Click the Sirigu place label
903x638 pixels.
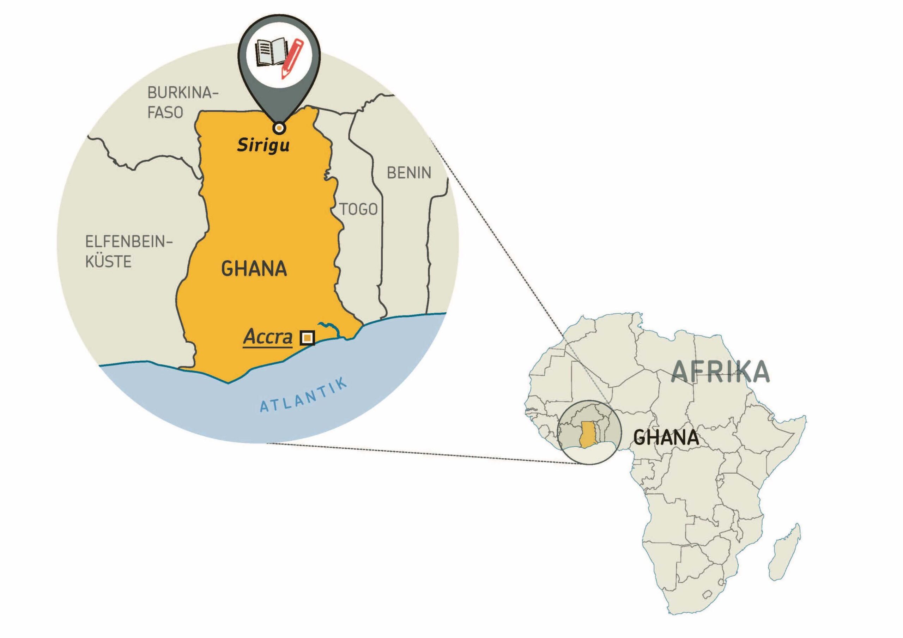pos(263,146)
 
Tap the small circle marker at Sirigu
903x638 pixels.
pos(279,128)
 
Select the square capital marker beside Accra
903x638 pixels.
pos(307,338)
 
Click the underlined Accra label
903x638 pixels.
pos(268,337)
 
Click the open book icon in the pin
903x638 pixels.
pos(271,52)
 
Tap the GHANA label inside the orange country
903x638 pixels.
pos(254,269)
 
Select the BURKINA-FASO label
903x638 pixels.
pos(182,103)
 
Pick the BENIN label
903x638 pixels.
pos(409,173)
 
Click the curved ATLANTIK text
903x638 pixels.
pos(304,396)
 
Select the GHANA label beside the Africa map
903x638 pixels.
pos(666,437)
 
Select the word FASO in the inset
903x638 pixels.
pos(165,113)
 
